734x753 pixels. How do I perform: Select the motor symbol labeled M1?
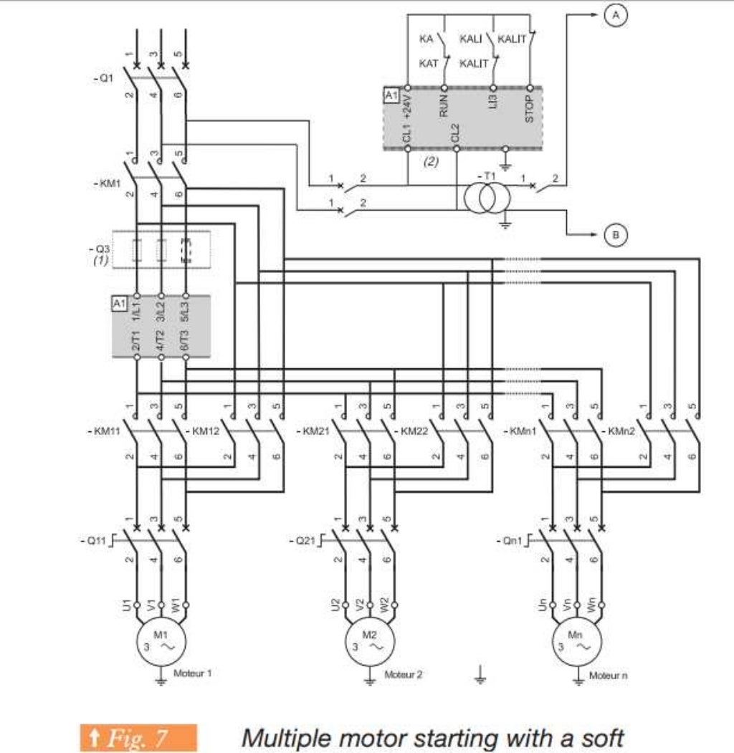point(161,640)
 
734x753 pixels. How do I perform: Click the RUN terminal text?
point(443,106)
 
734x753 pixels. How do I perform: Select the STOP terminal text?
point(529,109)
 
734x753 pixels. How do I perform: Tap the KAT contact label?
point(429,64)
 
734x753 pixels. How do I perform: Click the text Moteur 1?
point(193,673)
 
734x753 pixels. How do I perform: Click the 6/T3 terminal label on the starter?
point(186,337)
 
